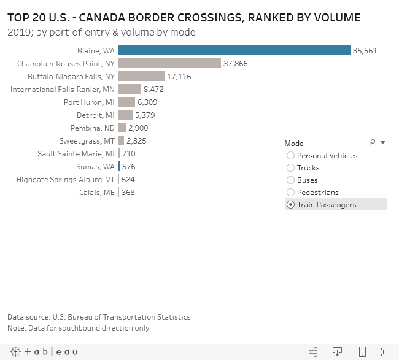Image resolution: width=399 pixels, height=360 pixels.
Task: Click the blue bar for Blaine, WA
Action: tap(233, 50)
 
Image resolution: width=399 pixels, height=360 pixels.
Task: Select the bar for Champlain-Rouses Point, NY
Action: tap(169, 63)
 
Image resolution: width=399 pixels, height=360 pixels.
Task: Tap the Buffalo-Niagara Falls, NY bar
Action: tap(141, 76)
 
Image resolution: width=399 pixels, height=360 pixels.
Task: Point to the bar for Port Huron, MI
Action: tap(126, 102)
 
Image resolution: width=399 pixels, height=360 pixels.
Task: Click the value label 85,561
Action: tap(365, 50)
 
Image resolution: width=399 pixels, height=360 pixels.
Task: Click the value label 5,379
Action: tap(146, 115)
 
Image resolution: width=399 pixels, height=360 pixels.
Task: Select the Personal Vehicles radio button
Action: tap(291, 156)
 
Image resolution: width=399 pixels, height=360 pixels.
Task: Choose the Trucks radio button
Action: tap(291, 168)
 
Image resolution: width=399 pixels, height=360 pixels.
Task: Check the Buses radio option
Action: tap(291, 180)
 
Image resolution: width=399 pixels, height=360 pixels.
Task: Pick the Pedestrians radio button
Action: tap(291, 193)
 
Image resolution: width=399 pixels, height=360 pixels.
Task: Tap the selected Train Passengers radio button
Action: tap(291, 205)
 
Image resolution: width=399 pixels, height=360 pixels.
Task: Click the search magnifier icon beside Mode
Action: tap(372, 142)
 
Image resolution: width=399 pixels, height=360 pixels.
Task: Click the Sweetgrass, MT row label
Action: tap(91, 140)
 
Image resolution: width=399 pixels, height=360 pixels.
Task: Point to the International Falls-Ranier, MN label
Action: tap(62, 89)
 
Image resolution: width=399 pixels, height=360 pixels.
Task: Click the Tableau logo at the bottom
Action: tap(43, 351)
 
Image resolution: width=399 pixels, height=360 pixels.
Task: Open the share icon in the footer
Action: tap(313, 351)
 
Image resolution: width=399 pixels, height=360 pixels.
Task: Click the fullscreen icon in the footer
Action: tap(386, 351)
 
